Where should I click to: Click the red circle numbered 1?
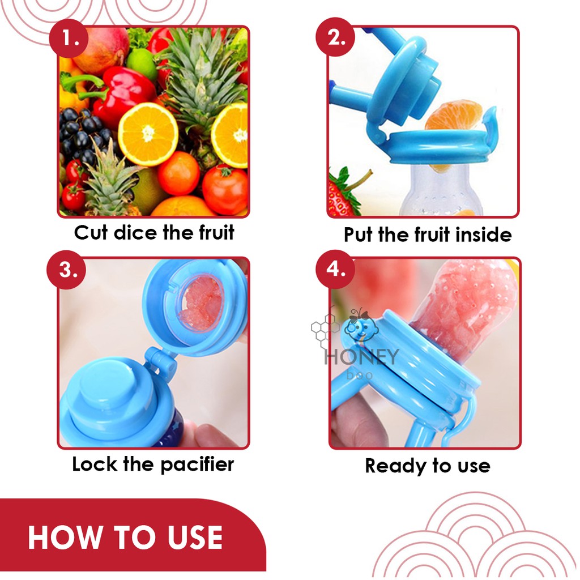coord(69,38)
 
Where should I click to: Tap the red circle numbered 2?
coord(335,37)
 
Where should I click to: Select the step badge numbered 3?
coord(66,270)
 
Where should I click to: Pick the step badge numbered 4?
coord(335,269)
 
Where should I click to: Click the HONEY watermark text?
coord(361,357)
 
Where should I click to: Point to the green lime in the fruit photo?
coord(142,63)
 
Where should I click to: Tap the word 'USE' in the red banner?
coord(195,538)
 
